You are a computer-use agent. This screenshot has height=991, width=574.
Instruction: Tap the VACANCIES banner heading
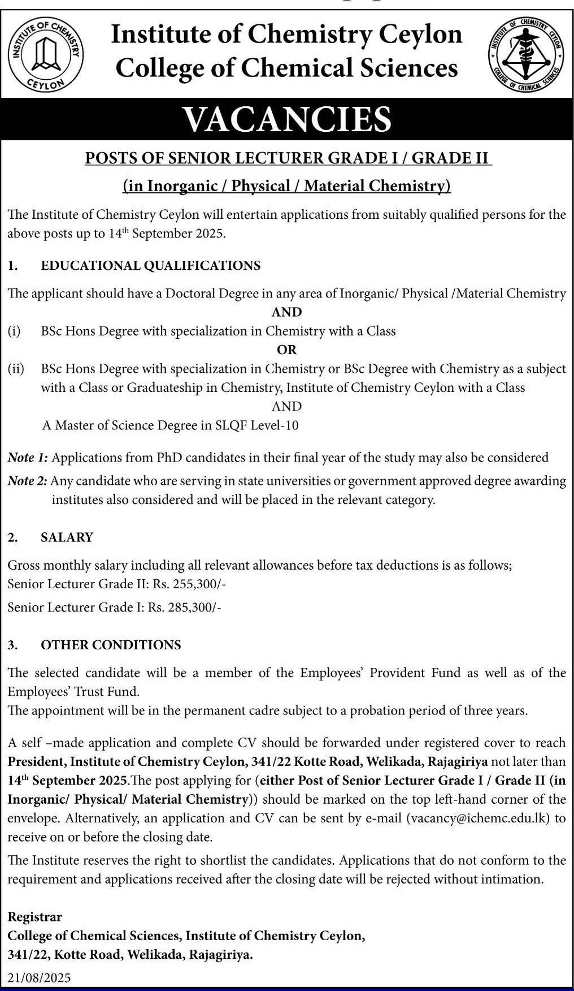click(x=287, y=119)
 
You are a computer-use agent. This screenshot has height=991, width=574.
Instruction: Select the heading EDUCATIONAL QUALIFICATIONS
click(x=150, y=265)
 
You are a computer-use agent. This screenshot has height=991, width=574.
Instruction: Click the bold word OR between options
click(x=286, y=350)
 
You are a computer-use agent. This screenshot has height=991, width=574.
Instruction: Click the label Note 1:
click(x=28, y=457)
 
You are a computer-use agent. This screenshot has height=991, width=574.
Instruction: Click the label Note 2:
click(x=28, y=481)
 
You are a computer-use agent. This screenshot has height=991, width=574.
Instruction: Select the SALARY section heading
click(x=67, y=537)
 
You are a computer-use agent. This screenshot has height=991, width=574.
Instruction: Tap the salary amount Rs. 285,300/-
click(x=184, y=607)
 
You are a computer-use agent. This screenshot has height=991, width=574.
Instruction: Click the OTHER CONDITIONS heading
click(x=111, y=645)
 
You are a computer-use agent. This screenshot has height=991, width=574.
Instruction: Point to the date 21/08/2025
click(x=40, y=978)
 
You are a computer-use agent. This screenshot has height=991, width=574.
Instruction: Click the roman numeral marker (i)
click(x=14, y=331)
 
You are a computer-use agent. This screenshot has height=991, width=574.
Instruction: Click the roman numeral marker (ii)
click(x=16, y=369)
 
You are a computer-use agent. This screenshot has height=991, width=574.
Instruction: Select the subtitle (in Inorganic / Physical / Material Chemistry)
click(x=286, y=186)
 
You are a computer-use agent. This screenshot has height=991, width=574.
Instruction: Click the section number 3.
click(x=12, y=645)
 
